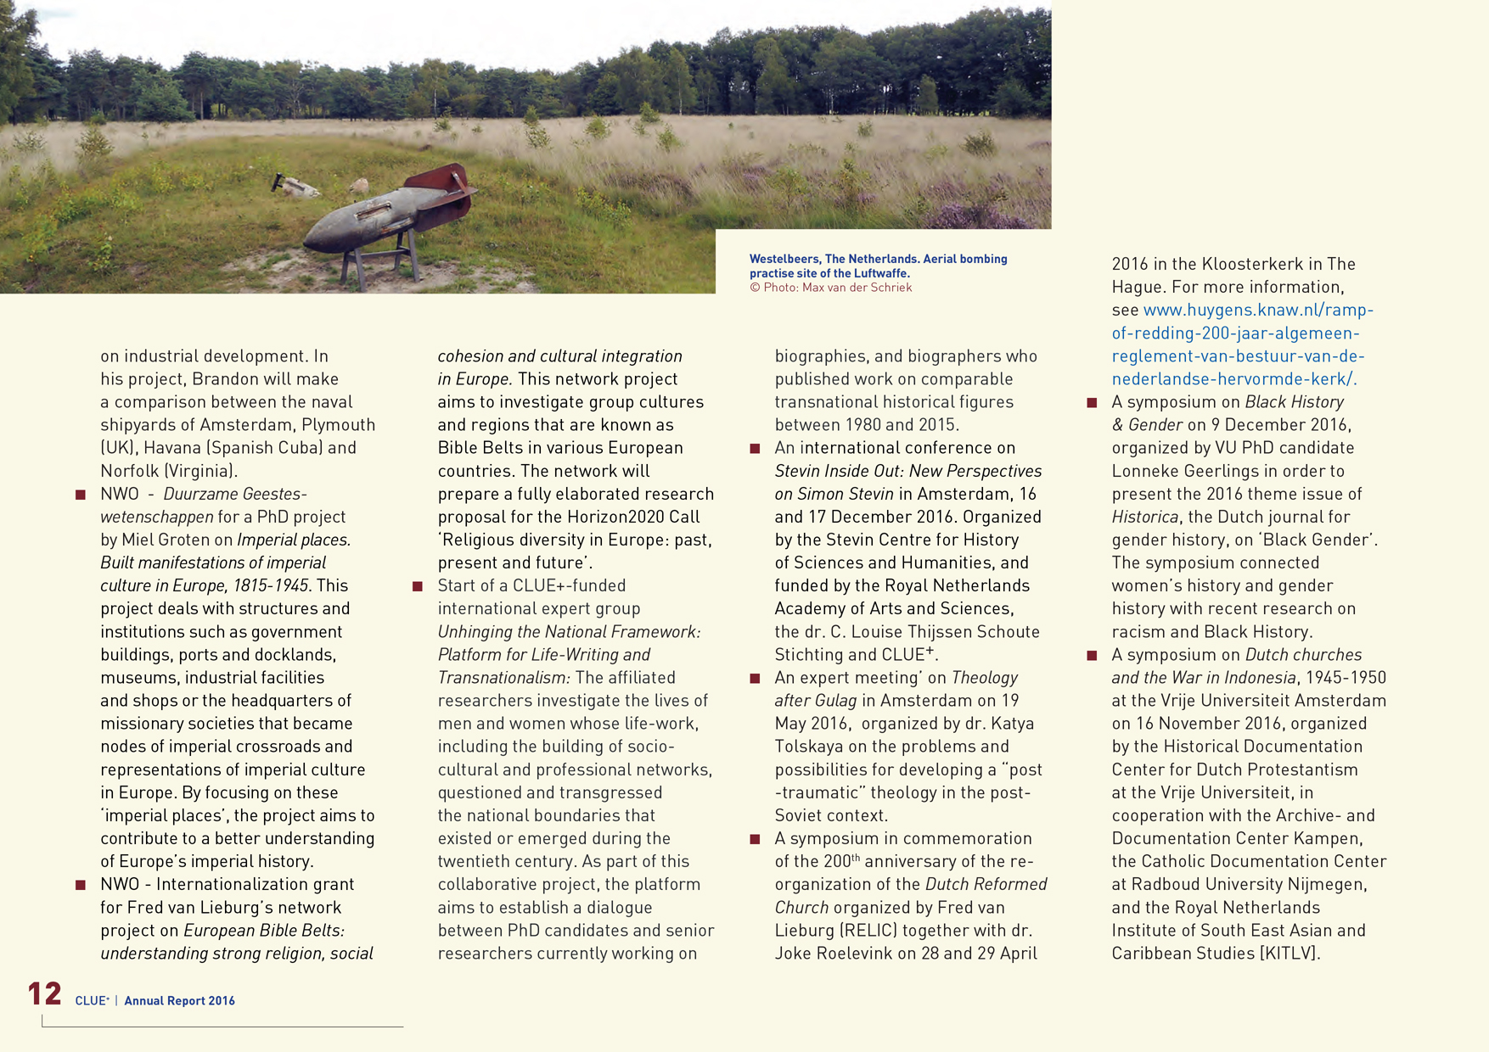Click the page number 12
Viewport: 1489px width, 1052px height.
point(45,993)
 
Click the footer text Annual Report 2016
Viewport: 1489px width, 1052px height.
point(179,1001)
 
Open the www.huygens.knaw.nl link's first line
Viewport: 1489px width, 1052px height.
point(1258,311)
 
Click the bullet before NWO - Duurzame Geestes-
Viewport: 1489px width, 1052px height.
point(81,495)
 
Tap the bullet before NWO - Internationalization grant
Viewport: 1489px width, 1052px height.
point(81,885)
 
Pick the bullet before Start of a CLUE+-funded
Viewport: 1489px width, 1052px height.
point(418,586)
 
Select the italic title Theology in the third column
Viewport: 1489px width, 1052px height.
point(985,678)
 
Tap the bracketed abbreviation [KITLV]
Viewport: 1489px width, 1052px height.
point(1289,954)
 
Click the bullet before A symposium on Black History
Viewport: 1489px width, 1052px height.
point(1093,403)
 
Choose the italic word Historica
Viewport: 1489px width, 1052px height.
point(1145,518)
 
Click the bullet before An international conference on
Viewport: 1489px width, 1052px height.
point(755,449)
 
